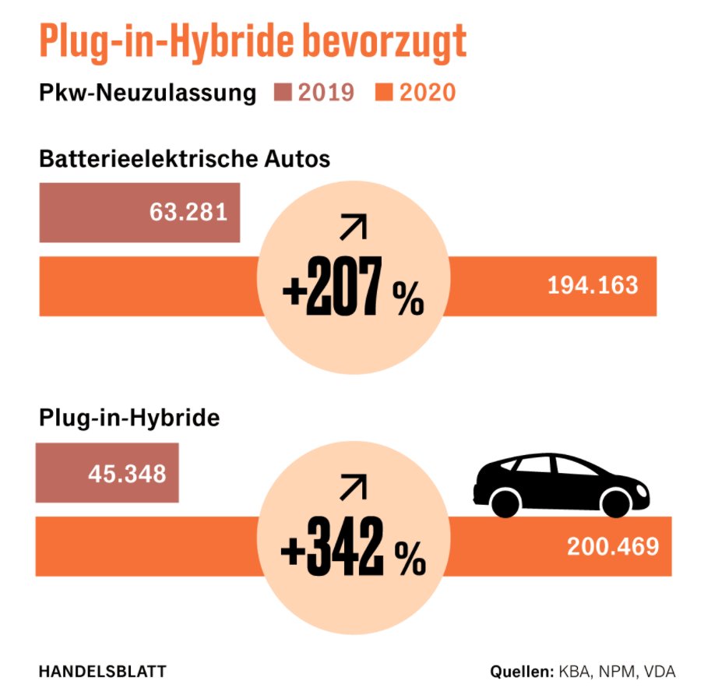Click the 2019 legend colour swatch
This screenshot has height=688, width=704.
click(283, 93)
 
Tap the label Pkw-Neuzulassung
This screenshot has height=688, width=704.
click(148, 93)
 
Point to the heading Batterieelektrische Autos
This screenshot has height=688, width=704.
click(185, 159)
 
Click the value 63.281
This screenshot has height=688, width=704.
click(188, 212)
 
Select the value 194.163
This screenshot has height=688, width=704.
click(593, 285)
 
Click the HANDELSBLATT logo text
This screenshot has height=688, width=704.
click(102, 671)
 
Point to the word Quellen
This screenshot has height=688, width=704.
click(521, 672)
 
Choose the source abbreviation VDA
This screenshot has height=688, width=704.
click(659, 672)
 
